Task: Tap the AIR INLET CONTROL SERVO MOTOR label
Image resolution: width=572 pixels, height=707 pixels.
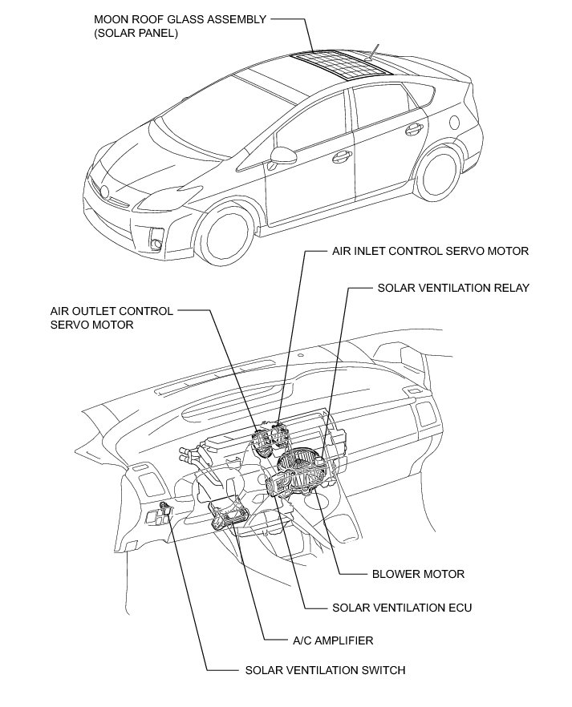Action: pos(430,251)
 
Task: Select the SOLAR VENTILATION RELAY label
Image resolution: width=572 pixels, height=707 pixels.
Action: pos(452,288)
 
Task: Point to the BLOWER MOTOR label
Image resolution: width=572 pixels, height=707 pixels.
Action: pos(418,574)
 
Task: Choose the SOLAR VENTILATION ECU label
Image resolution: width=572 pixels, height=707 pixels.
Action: pos(402,608)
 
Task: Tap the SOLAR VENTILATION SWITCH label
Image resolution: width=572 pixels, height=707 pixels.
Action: pos(325,670)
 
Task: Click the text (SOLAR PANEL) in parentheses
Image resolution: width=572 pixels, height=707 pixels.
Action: pos(136,34)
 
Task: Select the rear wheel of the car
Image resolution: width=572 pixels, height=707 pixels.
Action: pos(439,172)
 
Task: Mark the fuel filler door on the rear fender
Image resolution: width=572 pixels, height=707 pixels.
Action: pos(454,122)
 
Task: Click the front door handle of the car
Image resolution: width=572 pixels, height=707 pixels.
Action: pos(339,155)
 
